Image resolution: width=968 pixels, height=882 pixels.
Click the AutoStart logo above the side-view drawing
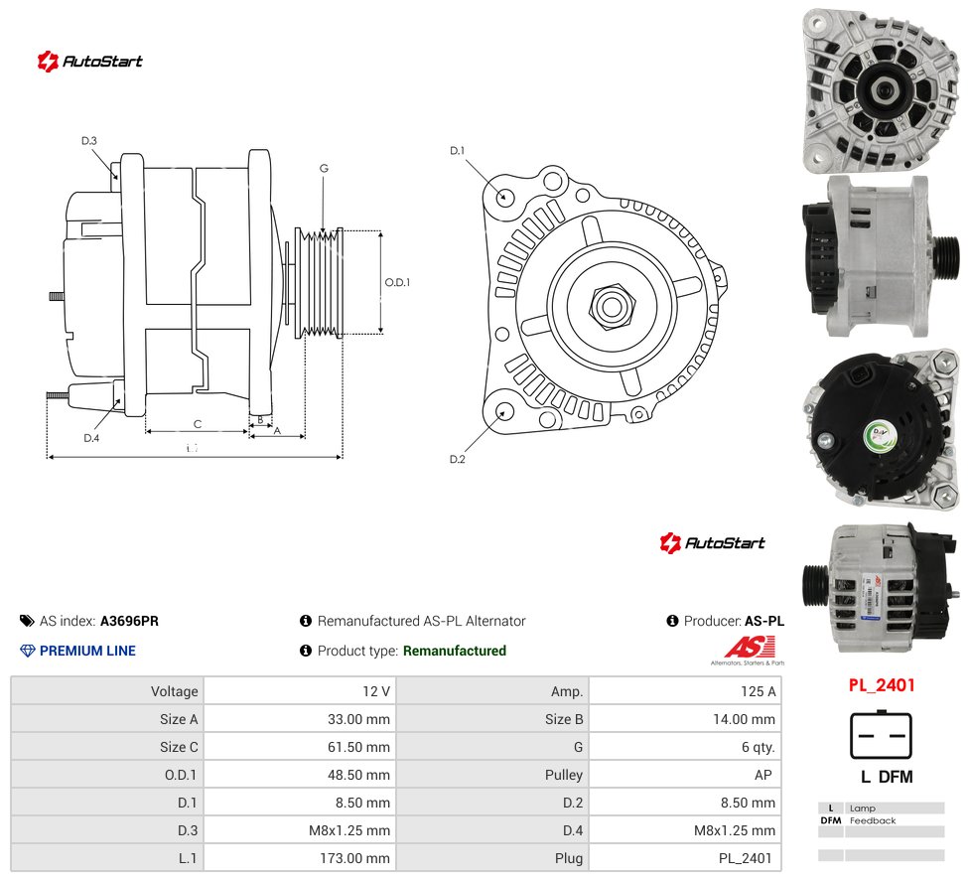click(x=90, y=62)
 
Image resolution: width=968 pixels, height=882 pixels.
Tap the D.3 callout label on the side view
click(x=89, y=141)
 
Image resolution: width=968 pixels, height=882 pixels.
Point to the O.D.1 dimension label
click(x=397, y=282)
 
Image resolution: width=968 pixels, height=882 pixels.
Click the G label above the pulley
click(x=324, y=168)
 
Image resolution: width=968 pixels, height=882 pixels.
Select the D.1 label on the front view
click(x=457, y=151)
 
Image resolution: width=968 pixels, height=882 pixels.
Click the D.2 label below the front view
click(x=458, y=459)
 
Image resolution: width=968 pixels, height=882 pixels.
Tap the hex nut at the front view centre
click(x=612, y=306)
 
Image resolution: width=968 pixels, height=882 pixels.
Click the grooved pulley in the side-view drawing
click(x=319, y=283)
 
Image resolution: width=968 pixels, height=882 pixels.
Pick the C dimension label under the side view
click(x=198, y=424)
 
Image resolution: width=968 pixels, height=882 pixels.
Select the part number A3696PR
click(x=129, y=621)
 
